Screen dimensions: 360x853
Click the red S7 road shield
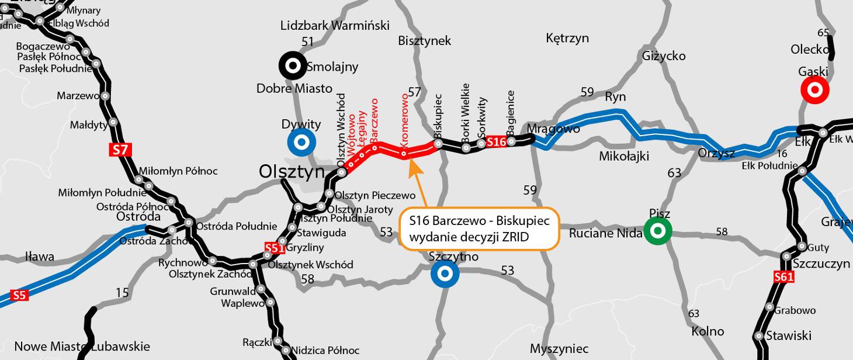(x=120, y=150)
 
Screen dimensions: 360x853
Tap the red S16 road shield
(x=496, y=142)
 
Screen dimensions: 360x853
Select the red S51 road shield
(x=274, y=248)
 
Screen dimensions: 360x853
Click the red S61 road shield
(x=783, y=277)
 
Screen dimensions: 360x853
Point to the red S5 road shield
(x=19, y=295)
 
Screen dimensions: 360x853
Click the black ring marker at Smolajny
(x=292, y=65)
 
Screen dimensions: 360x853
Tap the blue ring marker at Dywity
(x=301, y=142)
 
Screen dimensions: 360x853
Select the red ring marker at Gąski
(x=814, y=91)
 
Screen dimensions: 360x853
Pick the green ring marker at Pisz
(x=658, y=231)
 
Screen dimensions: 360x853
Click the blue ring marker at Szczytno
(x=445, y=274)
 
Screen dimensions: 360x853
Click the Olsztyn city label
(x=292, y=171)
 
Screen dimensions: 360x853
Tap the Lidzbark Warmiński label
(x=335, y=26)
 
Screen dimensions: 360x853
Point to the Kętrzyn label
(x=567, y=39)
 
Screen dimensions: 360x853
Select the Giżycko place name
(x=664, y=56)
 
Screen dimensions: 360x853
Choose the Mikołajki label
(x=624, y=156)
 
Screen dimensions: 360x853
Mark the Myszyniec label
(x=559, y=349)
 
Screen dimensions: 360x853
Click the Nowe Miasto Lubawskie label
(x=82, y=346)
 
